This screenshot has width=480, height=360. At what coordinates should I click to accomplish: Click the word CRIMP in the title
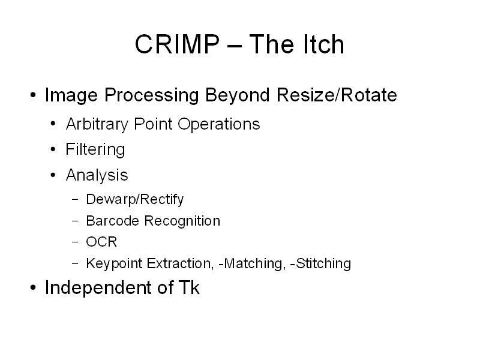click(177, 44)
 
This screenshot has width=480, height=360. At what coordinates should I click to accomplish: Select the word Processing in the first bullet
click(152, 95)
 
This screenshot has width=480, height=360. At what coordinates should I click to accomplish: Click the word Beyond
click(238, 95)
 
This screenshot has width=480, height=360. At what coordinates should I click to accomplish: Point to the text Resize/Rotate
click(337, 95)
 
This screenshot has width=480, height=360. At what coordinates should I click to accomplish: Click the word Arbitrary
click(97, 125)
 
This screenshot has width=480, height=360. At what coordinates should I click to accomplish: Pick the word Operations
click(219, 125)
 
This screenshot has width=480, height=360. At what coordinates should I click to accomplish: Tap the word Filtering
click(95, 150)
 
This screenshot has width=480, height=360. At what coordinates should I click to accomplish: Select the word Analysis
click(97, 175)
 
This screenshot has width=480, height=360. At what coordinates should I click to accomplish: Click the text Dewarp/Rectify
click(134, 200)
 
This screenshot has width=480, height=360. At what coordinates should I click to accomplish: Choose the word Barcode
click(112, 221)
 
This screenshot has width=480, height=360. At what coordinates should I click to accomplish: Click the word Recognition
click(182, 221)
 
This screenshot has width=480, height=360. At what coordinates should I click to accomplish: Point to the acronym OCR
click(101, 242)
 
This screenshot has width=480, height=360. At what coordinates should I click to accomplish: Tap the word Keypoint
click(114, 263)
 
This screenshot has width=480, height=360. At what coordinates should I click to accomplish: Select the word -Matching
click(252, 263)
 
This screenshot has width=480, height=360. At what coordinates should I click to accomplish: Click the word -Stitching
click(320, 263)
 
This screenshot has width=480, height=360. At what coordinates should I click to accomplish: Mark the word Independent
click(98, 288)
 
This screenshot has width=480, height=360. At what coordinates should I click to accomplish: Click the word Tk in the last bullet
click(189, 287)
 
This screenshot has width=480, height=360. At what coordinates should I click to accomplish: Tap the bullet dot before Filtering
click(53, 149)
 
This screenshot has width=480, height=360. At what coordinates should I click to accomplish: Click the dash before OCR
click(75, 242)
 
